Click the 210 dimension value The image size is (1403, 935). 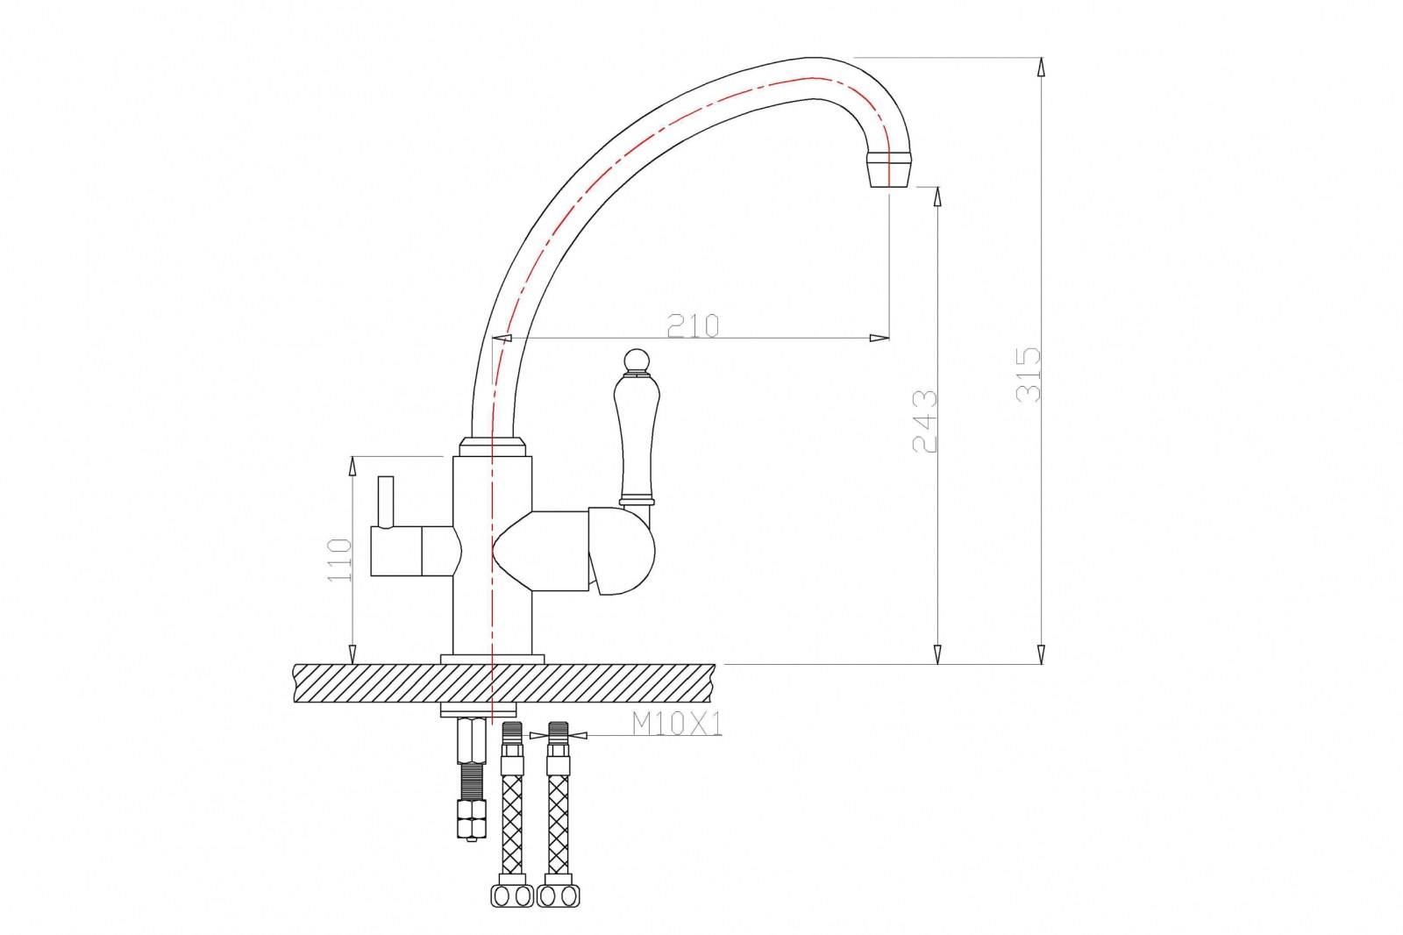tap(693, 325)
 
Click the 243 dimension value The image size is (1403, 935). tap(925, 421)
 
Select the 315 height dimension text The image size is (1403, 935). tap(1029, 375)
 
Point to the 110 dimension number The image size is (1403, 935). tap(339, 560)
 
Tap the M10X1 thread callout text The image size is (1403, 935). tap(677, 724)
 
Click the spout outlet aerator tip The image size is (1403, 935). tap(888, 169)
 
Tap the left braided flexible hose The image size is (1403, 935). tap(512, 824)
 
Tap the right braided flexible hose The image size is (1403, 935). tap(558, 824)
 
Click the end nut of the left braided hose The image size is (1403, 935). tap(512, 896)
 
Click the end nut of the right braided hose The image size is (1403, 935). tap(558, 896)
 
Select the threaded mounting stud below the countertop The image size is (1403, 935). tap(472, 781)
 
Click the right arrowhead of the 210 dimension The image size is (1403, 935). tap(880, 338)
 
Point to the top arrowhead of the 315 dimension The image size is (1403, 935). tap(1041, 68)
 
